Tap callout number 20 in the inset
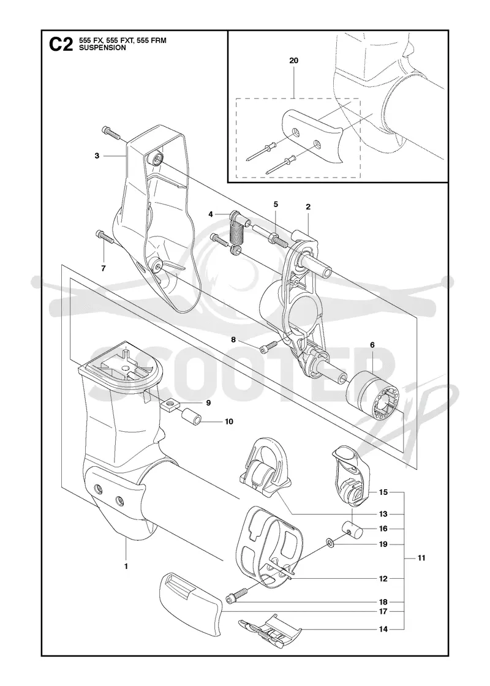(x=293, y=61)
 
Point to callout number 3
(x=97, y=156)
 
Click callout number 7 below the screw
(x=104, y=269)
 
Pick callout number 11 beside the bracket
(x=421, y=558)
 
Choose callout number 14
(x=383, y=629)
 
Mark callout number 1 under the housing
(x=126, y=567)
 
